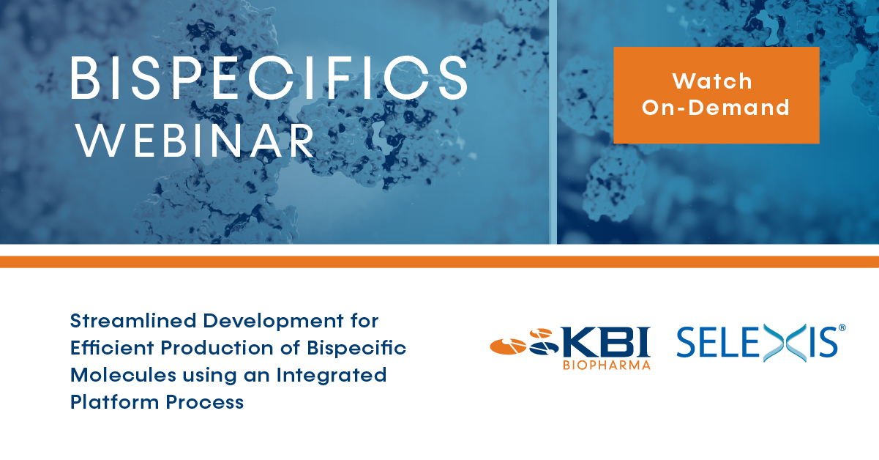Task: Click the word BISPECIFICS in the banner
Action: tap(269, 78)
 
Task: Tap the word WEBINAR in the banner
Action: tap(195, 141)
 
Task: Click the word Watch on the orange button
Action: tap(712, 81)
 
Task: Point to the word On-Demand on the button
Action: tap(716, 108)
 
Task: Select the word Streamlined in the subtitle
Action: tap(133, 321)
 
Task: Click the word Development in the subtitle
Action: tap(274, 322)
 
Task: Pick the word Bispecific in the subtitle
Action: tap(356, 349)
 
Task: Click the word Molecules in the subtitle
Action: tap(123, 375)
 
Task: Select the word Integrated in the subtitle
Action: tap(332, 376)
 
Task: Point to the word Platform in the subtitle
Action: tap(115, 402)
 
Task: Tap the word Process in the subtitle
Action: tap(204, 402)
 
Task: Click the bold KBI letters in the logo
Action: tap(605, 342)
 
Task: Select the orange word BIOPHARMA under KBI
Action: tap(607, 366)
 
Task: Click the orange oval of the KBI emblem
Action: tap(508, 346)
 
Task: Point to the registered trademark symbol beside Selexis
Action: tap(842, 328)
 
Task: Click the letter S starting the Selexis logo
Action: tap(687, 343)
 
